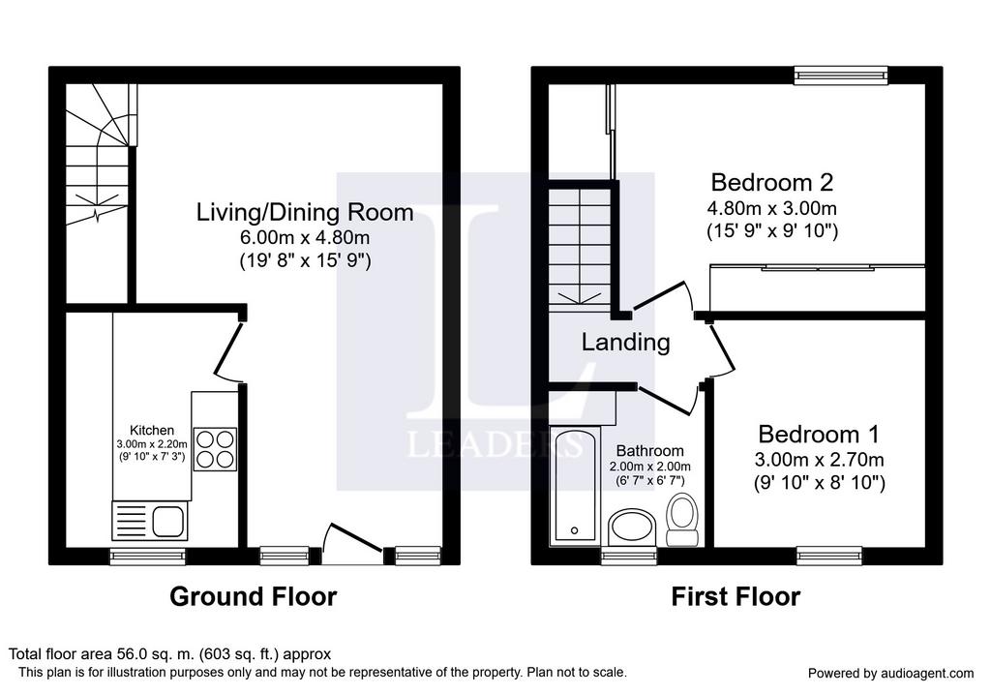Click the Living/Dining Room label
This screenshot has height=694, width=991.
pos(305,212)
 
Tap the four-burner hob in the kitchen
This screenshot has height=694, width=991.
pos(215,449)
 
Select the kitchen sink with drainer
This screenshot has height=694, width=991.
pos(150,521)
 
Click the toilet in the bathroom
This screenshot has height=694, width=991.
pos(681,520)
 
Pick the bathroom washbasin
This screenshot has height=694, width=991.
pos(632,528)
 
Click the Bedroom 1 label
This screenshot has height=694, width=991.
pos(819,435)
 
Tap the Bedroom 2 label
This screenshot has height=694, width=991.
pos(771,182)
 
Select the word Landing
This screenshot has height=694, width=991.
pos(625,343)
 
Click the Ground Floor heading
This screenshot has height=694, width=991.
pos(254,596)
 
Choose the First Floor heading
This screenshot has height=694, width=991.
pos(736,596)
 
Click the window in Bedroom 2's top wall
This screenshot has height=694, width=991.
pos(841,75)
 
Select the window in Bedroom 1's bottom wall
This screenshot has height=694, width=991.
pos(829,556)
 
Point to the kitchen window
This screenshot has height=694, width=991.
pos(148,556)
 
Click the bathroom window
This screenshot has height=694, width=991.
pos(629,556)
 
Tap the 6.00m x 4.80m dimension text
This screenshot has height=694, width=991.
pos(305,238)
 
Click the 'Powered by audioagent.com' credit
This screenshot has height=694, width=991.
pos(891,673)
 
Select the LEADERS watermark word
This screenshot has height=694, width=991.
pos(495,444)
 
